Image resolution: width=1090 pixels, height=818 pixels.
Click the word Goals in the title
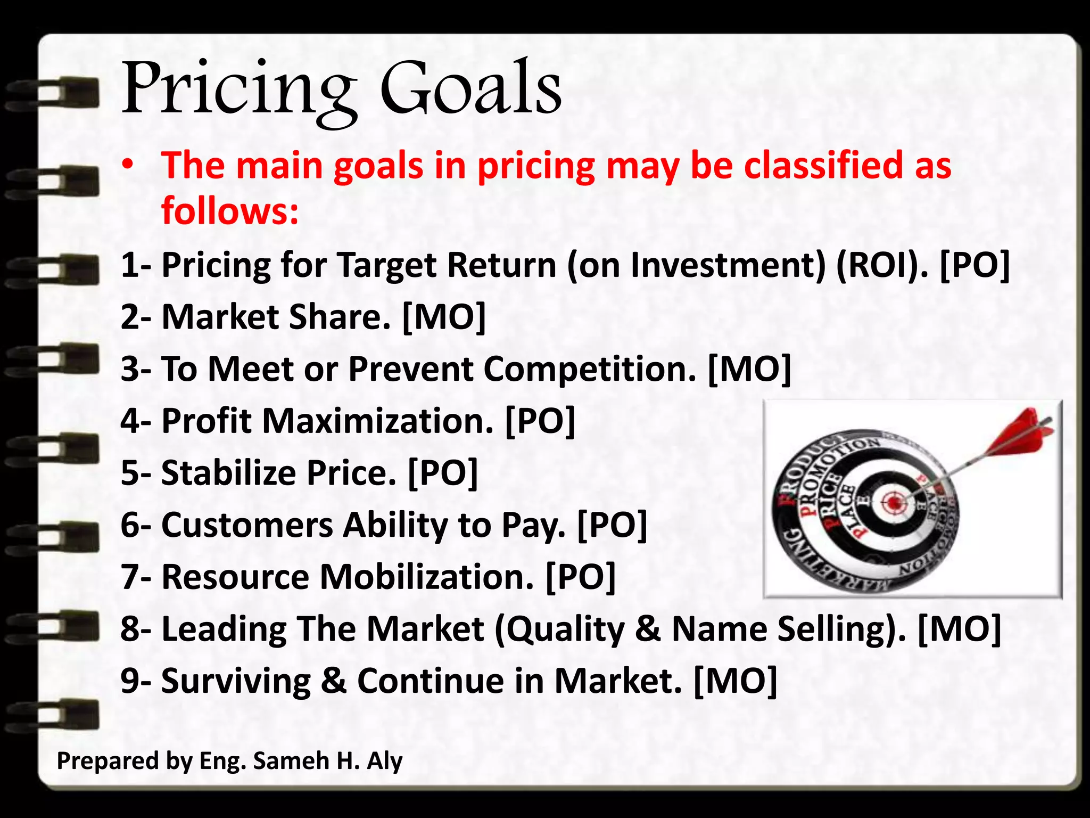(x=470, y=88)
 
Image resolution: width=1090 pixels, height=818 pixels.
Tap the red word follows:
(x=230, y=211)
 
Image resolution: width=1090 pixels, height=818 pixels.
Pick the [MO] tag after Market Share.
(x=444, y=317)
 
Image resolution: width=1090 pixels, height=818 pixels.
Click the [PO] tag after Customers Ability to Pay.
(x=612, y=525)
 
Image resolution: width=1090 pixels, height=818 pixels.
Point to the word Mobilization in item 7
(x=426, y=577)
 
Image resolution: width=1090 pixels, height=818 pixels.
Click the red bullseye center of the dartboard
(x=894, y=501)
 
